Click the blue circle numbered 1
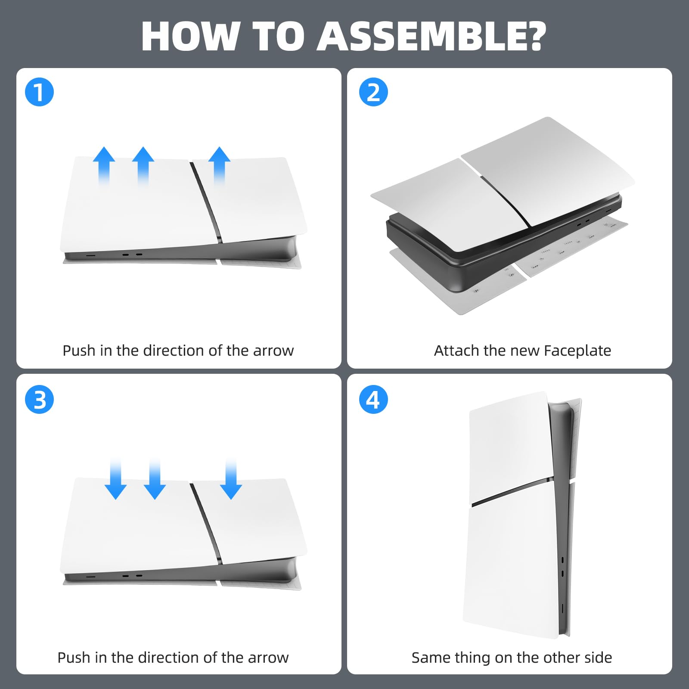39,93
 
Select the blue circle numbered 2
373,93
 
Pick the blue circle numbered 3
39,400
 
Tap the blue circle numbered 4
373,400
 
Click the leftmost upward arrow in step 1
104,166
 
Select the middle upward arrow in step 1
143,166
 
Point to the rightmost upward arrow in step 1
219,166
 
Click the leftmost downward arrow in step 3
115,479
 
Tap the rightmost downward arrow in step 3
231,479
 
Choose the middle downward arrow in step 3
155,479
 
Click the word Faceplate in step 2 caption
577,351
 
